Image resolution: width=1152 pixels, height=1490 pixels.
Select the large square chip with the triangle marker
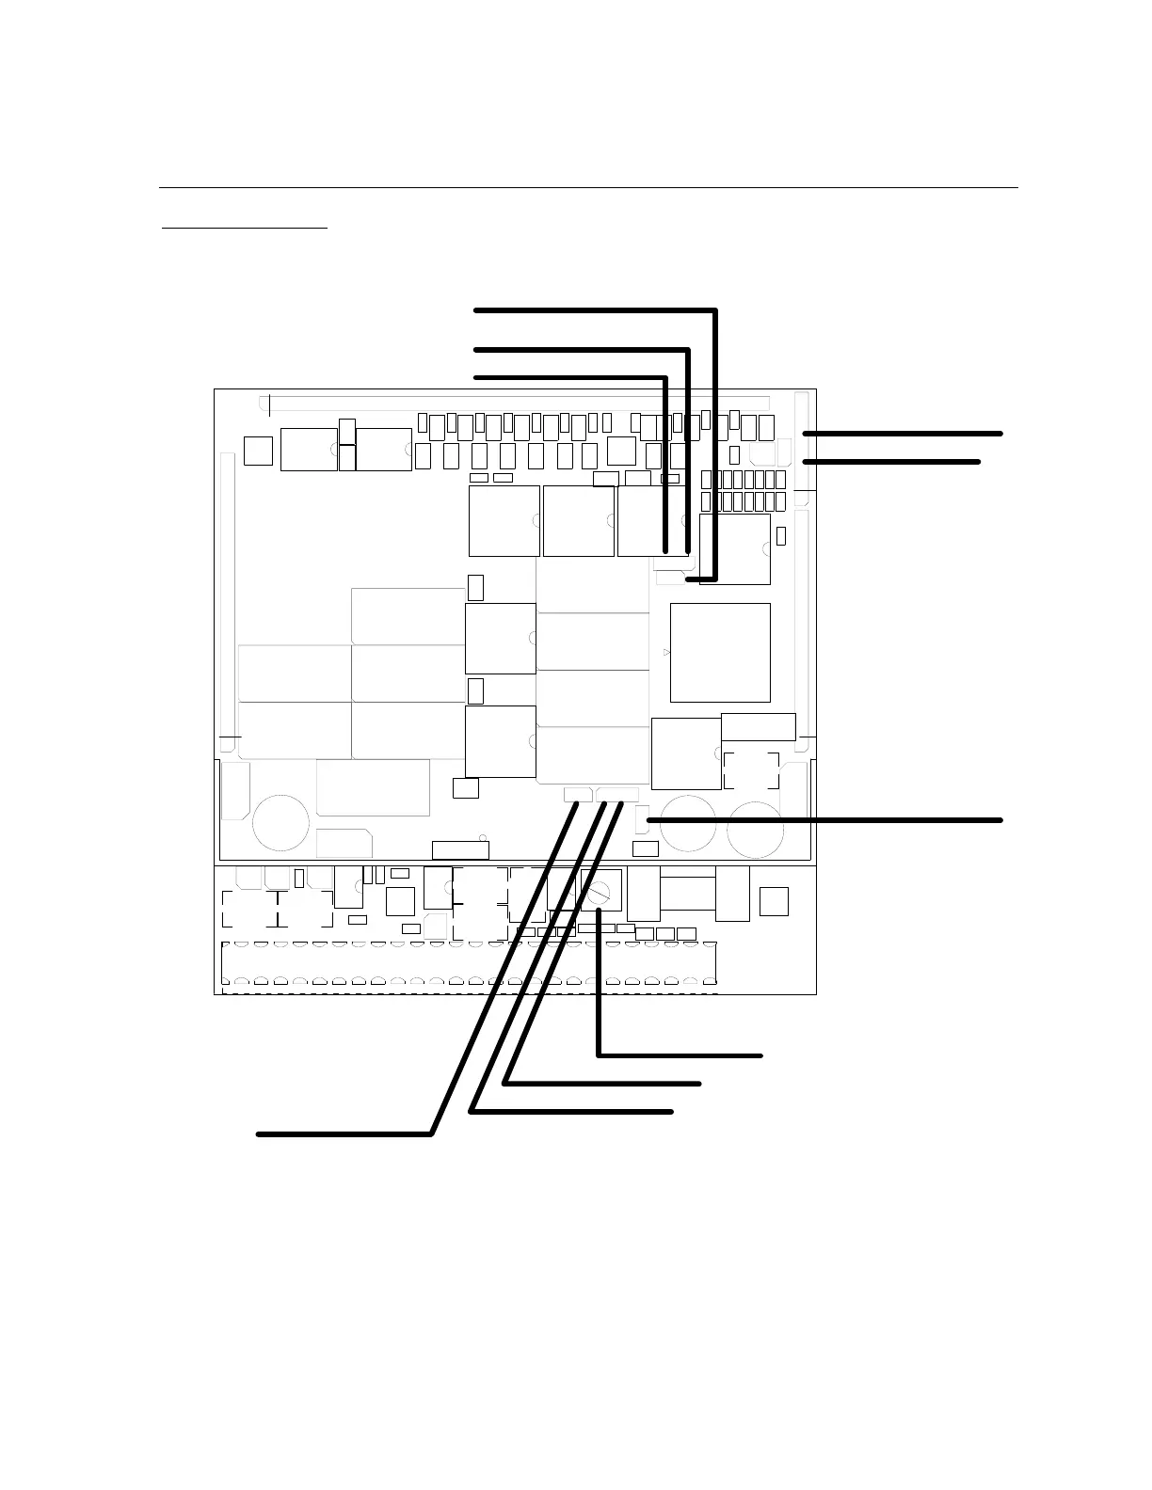point(720,652)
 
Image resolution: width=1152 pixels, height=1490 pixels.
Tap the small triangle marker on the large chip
point(667,652)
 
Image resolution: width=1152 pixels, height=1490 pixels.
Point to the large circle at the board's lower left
point(280,823)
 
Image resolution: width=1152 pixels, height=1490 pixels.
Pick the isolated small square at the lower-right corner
point(774,900)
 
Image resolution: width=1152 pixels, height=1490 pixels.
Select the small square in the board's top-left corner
point(257,450)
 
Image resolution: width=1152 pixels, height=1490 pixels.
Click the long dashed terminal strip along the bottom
point(469,967)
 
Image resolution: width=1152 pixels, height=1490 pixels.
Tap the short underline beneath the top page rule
point(245,228)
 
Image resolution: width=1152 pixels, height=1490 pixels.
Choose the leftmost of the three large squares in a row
point(504,520)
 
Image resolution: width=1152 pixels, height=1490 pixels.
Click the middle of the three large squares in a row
point(579,520)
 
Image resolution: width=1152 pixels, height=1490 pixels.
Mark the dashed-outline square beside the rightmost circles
point(751,769)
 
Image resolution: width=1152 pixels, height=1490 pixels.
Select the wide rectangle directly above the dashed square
point(758,726)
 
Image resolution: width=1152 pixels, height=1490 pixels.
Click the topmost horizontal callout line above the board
point(593,309)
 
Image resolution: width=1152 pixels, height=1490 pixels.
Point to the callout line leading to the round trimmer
point(678,1055)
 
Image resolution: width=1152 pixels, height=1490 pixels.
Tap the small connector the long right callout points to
point(642,819)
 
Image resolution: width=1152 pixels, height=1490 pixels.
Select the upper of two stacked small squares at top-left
point(347,431)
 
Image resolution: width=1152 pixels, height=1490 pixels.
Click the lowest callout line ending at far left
point(344,1134)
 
